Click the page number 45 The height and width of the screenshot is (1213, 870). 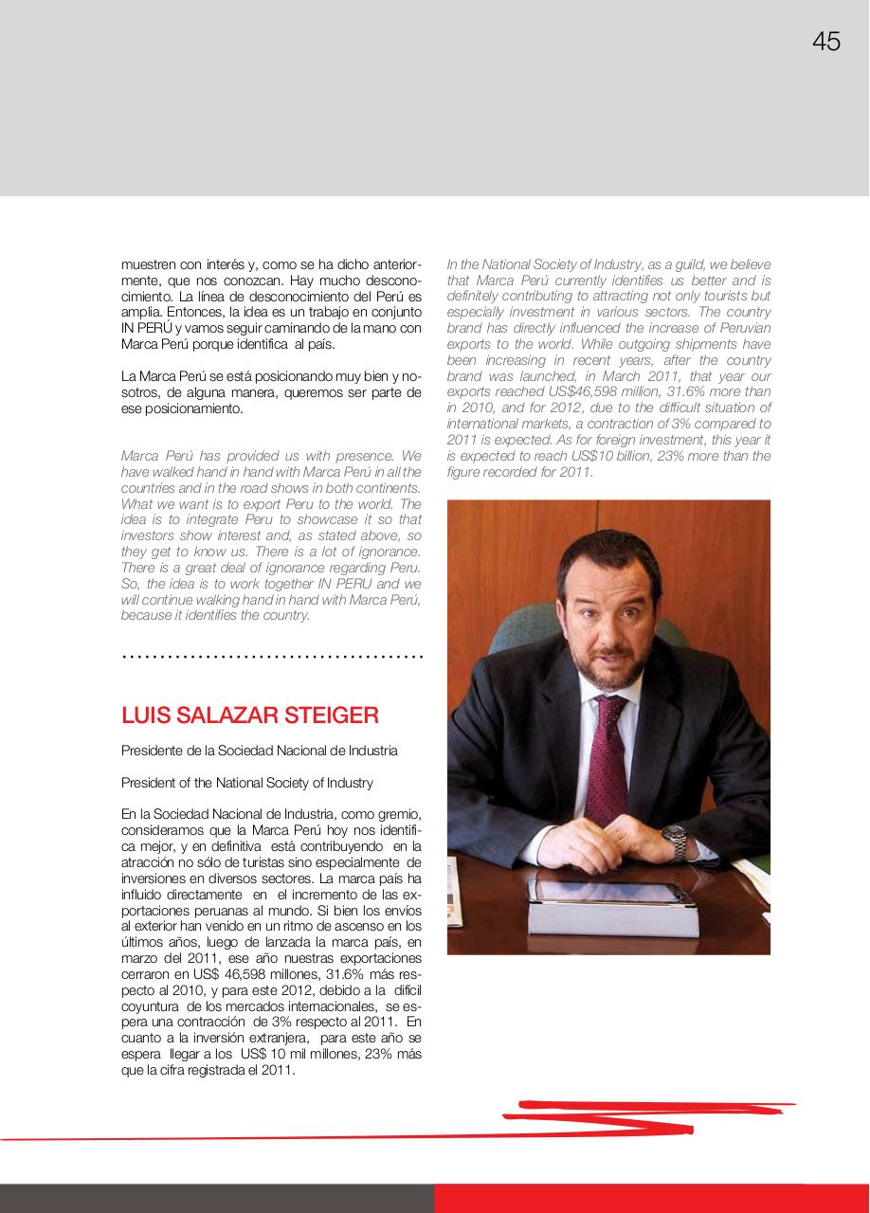click(825, 42)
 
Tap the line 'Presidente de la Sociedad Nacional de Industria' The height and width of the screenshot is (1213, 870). click(259, 751)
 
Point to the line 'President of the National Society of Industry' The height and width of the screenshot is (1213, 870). click(246, 783)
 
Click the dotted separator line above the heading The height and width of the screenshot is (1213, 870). click(272, 656)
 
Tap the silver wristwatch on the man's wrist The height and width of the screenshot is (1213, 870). click(674, 840)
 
